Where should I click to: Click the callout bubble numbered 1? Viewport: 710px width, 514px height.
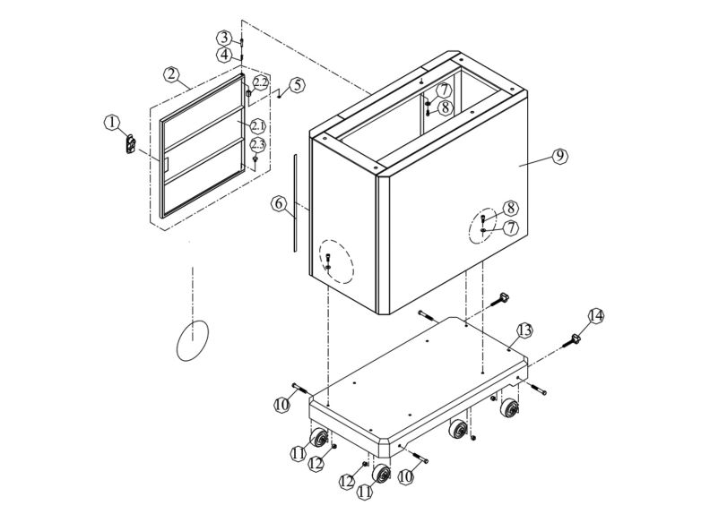click(x=111, y=122)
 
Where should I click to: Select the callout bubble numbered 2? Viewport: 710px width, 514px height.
click(x=171, y=73)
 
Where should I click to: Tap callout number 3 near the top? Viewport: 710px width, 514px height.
click(x=223, y=38)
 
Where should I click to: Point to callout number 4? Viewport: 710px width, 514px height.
click(x=223, y=55)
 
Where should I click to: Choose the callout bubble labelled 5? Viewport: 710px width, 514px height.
click(x=296, y=86)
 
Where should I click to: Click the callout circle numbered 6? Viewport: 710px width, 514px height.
click(x=279, y=204)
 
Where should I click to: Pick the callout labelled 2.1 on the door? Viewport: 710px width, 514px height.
click(x=257, y=125)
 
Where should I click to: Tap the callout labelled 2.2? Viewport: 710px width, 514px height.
click(x=260, y=82)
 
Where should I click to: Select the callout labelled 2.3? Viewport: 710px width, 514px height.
click(x=257, y=144)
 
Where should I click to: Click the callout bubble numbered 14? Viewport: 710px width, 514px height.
click(x=596, y=316)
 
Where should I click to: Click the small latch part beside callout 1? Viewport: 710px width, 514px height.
click(x=128, y=142)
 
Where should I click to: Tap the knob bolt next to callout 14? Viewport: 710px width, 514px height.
click(x=572, y=339)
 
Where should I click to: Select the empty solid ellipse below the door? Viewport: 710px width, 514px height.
click(x=192, y=340)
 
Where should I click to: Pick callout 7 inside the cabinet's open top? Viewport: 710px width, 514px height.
click(x=444, y=90)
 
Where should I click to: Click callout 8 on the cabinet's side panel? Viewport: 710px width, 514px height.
click(x=509, y=209)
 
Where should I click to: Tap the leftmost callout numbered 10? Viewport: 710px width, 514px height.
click(x=281, y=405)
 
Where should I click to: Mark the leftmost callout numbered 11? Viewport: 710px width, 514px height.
click(x=298, y=453)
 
